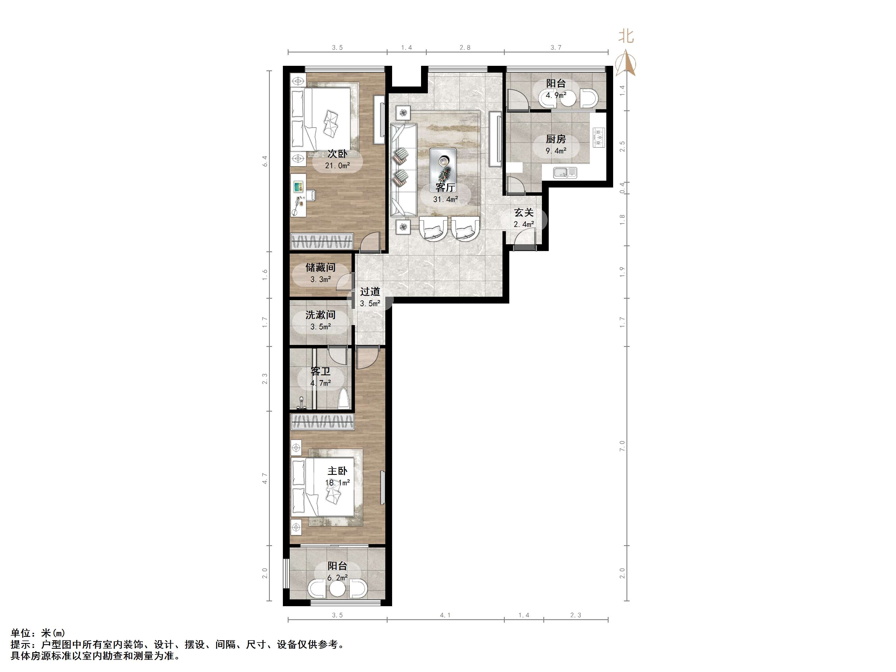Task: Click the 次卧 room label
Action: [337, 154]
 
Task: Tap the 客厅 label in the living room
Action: [445, 188]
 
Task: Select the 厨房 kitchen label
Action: [556, 139]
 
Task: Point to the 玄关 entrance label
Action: [524, 212]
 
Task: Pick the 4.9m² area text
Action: [556, 96]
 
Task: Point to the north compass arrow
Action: [626, 63]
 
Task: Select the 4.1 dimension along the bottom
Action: [445, 615]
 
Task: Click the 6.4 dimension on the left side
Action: [265, 161]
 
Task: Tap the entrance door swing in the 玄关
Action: [525, 237]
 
